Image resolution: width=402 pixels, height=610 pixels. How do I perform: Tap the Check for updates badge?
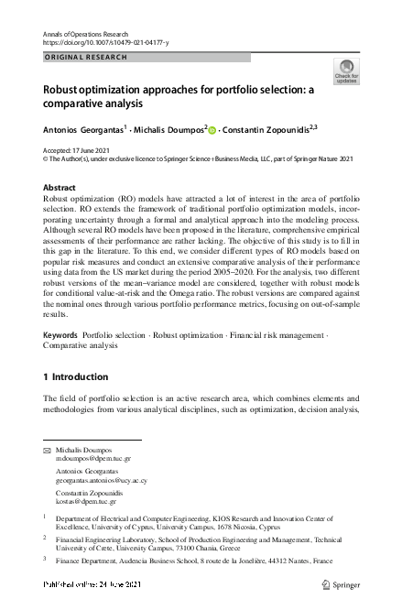pyautogui.click(x=346, y=71)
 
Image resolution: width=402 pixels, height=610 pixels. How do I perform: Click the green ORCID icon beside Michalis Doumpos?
pyautogui.click(x=212, y=130)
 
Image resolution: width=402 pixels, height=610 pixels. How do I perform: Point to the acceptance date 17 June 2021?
pyautogui.click(x=102, y=148)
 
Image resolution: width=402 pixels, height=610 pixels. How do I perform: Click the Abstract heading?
pyautogui.click(x=60, y=187)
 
